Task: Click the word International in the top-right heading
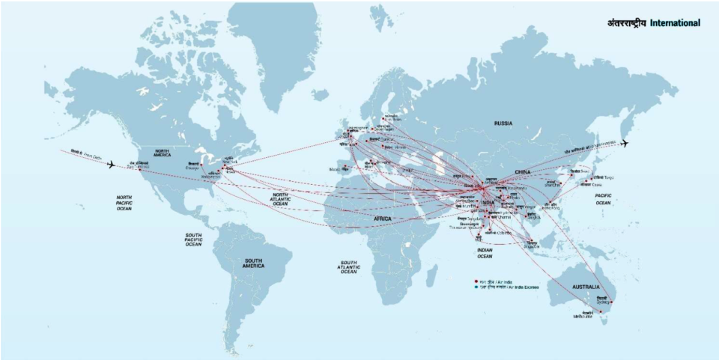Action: coord(675,23)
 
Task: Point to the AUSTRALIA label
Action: coord(586,287)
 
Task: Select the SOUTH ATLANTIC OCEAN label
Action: coord(348,266)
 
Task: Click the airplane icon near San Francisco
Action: coord(111,164)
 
